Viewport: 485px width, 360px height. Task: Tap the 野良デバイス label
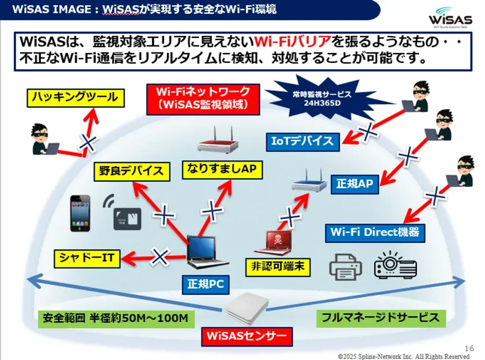point(133,171)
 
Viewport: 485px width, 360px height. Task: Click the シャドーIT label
point(87,257)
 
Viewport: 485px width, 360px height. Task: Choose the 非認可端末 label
point(278,267)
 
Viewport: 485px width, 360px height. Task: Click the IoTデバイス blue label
point(303,140)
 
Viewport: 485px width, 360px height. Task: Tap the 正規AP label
point(355,184)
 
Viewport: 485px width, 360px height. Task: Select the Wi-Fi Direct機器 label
point(375,232)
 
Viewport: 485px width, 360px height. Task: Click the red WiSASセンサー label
point(247,335)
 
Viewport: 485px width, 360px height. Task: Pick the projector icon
point(396,265)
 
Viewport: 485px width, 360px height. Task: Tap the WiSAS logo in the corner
point(450,18)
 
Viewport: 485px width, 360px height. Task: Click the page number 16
point(469,348)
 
